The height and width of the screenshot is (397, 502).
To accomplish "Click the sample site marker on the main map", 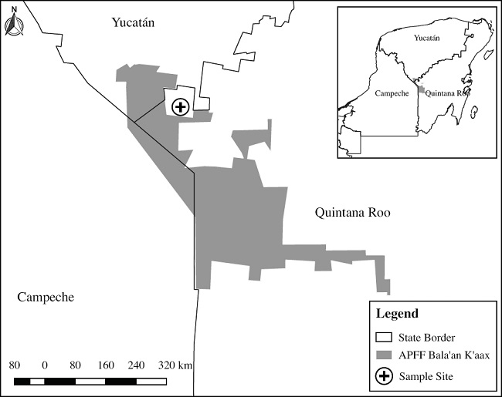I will pos(180,106).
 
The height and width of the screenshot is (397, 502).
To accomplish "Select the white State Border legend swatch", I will pos(384,338).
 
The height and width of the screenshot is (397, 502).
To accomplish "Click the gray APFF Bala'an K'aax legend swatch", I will pos(384,356).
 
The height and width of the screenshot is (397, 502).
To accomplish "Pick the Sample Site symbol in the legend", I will pos(384,376).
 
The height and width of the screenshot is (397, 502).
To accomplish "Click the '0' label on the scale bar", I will pos(45,365).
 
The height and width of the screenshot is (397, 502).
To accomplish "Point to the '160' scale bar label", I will pos(107,365).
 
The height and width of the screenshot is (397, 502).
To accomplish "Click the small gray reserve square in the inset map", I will pos(421,90).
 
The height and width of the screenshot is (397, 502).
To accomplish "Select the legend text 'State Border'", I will pos(427,338).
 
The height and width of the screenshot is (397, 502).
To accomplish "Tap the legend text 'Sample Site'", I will pos(426,376).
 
